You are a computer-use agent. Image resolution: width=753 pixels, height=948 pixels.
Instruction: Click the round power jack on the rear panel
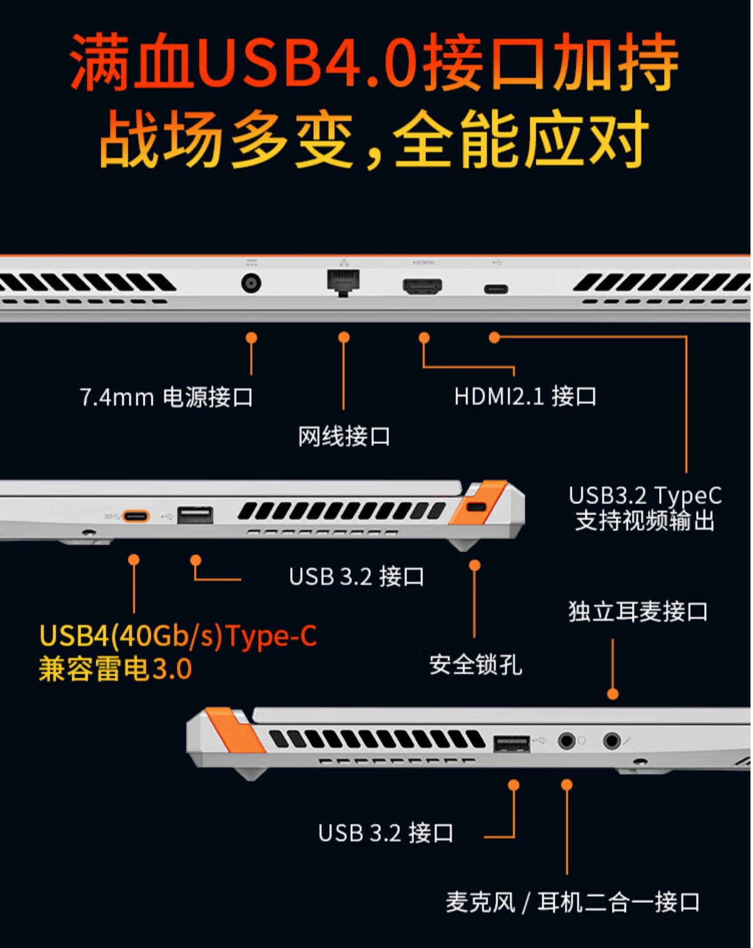[x=251, y=284]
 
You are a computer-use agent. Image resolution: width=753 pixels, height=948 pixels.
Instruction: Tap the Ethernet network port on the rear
[x=343, y=282]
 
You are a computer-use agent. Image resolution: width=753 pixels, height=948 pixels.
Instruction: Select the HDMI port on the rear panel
[x=422, y=287]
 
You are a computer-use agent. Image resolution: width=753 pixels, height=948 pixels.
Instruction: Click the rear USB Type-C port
[x=496, y=289]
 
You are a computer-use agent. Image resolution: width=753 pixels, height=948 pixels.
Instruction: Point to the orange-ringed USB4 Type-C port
[x=136, y=516]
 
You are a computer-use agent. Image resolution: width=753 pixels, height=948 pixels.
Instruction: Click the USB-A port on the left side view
[x=195, y=515]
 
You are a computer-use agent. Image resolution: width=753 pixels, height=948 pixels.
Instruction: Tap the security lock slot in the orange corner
[x=477, y=506]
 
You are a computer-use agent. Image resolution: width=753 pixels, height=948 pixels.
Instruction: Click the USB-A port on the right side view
[x=511, y=743]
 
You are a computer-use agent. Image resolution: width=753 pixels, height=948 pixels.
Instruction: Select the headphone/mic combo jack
[x=566, y=741]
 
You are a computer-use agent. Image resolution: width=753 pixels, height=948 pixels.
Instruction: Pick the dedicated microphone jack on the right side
[x=612, y=741]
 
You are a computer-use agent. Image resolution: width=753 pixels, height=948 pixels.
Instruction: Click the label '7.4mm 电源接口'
[x=166, y=397]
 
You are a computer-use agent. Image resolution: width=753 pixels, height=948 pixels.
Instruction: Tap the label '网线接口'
[x=344, y=436]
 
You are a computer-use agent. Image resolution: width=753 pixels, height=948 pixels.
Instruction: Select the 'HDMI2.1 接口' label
[x=525, y=396]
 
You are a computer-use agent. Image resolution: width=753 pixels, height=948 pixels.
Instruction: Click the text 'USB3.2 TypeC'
[x=645, y=495]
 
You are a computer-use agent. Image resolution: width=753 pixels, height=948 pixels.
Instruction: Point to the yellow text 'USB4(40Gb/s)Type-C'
[x=178, y=636]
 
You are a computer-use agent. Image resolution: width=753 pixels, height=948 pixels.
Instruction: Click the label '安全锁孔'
[x=475, y=664]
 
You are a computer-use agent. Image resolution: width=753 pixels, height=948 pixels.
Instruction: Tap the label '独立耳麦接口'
[x=638, y=611]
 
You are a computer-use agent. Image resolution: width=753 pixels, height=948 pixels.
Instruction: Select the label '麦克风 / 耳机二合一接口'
[x=573, y=902]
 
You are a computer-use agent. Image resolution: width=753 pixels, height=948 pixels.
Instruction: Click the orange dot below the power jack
[x=251, y=337]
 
